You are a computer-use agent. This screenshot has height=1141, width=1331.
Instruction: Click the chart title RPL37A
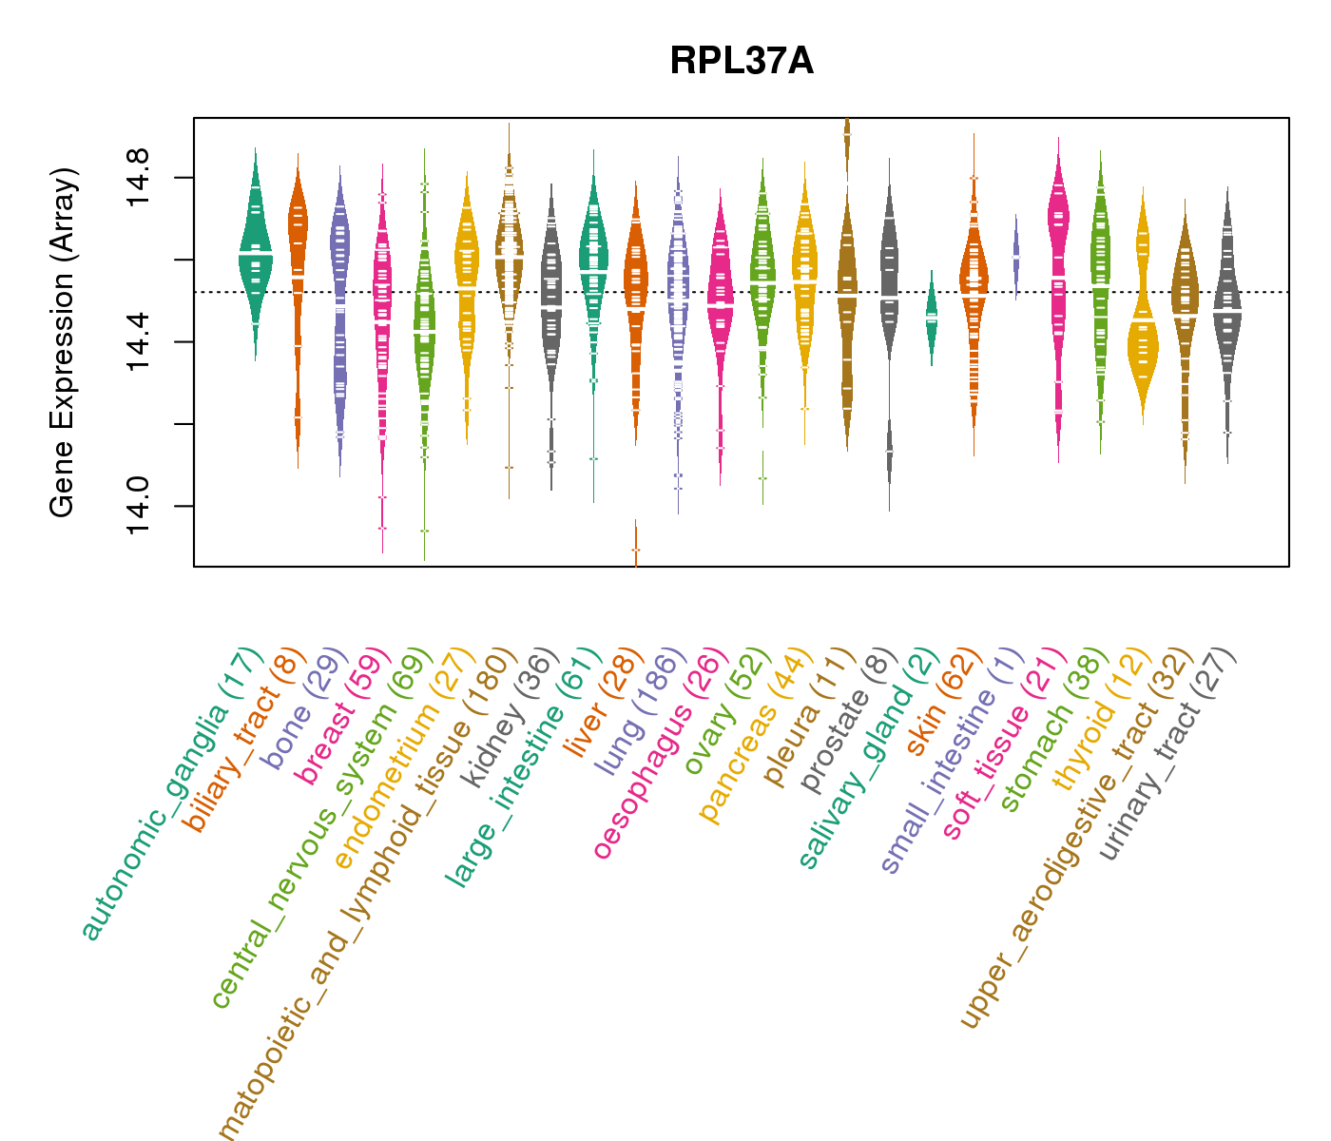pyautogui.click(x=741, y=62)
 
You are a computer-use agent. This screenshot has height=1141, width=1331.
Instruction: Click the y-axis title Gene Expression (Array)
pyautogui.click(x=62, y=342)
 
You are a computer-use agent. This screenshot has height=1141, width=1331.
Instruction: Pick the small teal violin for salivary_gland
pyautogui.click(x=932, y=319)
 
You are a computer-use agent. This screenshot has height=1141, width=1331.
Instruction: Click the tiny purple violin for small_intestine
pyautogui.click(x=1016, y=257)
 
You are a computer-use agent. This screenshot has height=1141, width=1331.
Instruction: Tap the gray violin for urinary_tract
pyautogui.click(x=1227, y=314)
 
